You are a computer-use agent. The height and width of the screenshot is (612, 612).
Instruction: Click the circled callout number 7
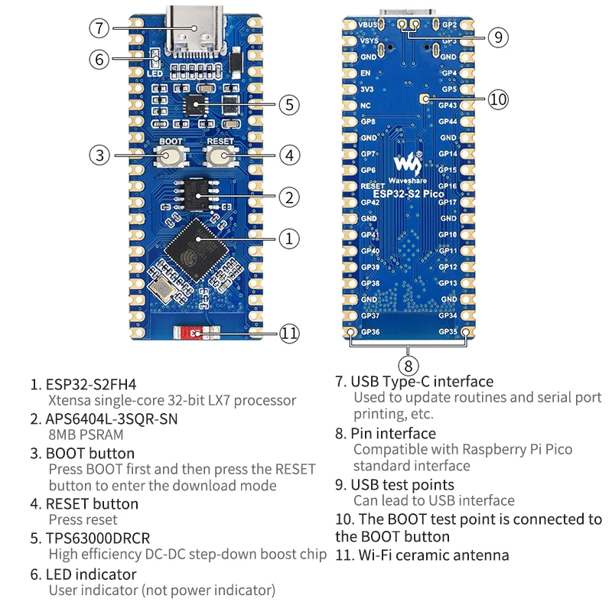[99, 29]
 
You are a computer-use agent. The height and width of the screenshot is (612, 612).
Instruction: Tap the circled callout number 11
[288, 334]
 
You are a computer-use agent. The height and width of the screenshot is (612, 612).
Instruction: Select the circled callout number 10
[498, 99]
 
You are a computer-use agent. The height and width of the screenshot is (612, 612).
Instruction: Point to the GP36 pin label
[369, 332]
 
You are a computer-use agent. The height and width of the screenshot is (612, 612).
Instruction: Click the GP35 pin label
[448, 332]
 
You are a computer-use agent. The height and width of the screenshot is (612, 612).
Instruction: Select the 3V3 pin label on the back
[367, 89]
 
